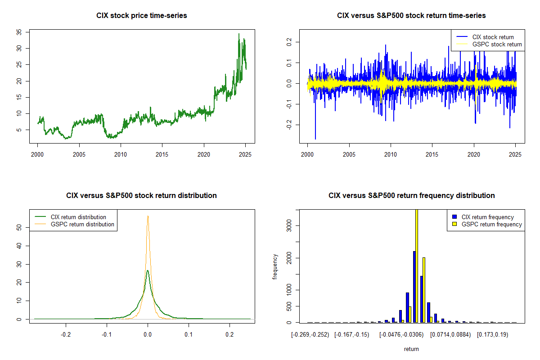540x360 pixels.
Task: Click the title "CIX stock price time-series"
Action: pyautogui.click(x=142, y=16)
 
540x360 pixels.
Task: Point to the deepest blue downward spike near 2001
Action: pyautogui.click(x=315, y=137)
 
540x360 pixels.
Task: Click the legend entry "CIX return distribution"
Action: pyautogui.click(x=78, y=217)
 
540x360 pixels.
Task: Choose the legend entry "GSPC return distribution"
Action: pyautogui.click(x=82, y=224)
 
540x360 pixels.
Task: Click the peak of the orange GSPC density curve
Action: pyautogui.click(x=148, y=216)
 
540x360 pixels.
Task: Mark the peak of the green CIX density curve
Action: pyautogui.click(x=148, y=271)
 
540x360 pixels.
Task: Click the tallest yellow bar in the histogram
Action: pyautogui.click(x=417, y=265)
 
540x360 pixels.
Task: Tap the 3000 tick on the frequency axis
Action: pyautogui.click(x=291, y=225)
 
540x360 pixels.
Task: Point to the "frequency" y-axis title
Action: pyautogui.click(x=275, y=267)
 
